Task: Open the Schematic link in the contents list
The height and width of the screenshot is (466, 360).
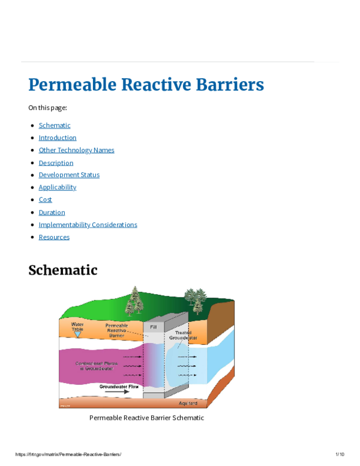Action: coord(55,126)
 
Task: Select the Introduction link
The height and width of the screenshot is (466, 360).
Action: coord(58,138)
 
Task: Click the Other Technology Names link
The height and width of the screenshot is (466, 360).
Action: coord(76,150)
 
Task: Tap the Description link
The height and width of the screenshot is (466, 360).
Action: coord(56,163)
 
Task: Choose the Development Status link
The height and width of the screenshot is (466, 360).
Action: coord(69,175)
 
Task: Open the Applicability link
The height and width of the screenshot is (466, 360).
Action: coord(58,187)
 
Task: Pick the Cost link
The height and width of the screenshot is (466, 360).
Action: coord(45,199)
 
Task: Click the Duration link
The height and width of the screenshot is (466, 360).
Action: coord(52,212)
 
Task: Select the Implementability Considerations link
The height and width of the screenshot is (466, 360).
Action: coord(88,225)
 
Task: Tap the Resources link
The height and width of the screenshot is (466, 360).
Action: coord(54,237)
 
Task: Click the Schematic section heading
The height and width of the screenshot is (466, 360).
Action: coord(63,270)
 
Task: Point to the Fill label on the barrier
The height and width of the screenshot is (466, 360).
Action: coord(154,327)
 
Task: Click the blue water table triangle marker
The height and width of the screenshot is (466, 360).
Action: coord(77,334)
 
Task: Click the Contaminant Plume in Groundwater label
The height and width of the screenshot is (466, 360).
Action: coord(96,365)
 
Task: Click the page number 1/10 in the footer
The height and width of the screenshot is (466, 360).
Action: coord(340,454)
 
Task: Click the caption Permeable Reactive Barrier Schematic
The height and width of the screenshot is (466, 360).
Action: coord(146,417)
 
